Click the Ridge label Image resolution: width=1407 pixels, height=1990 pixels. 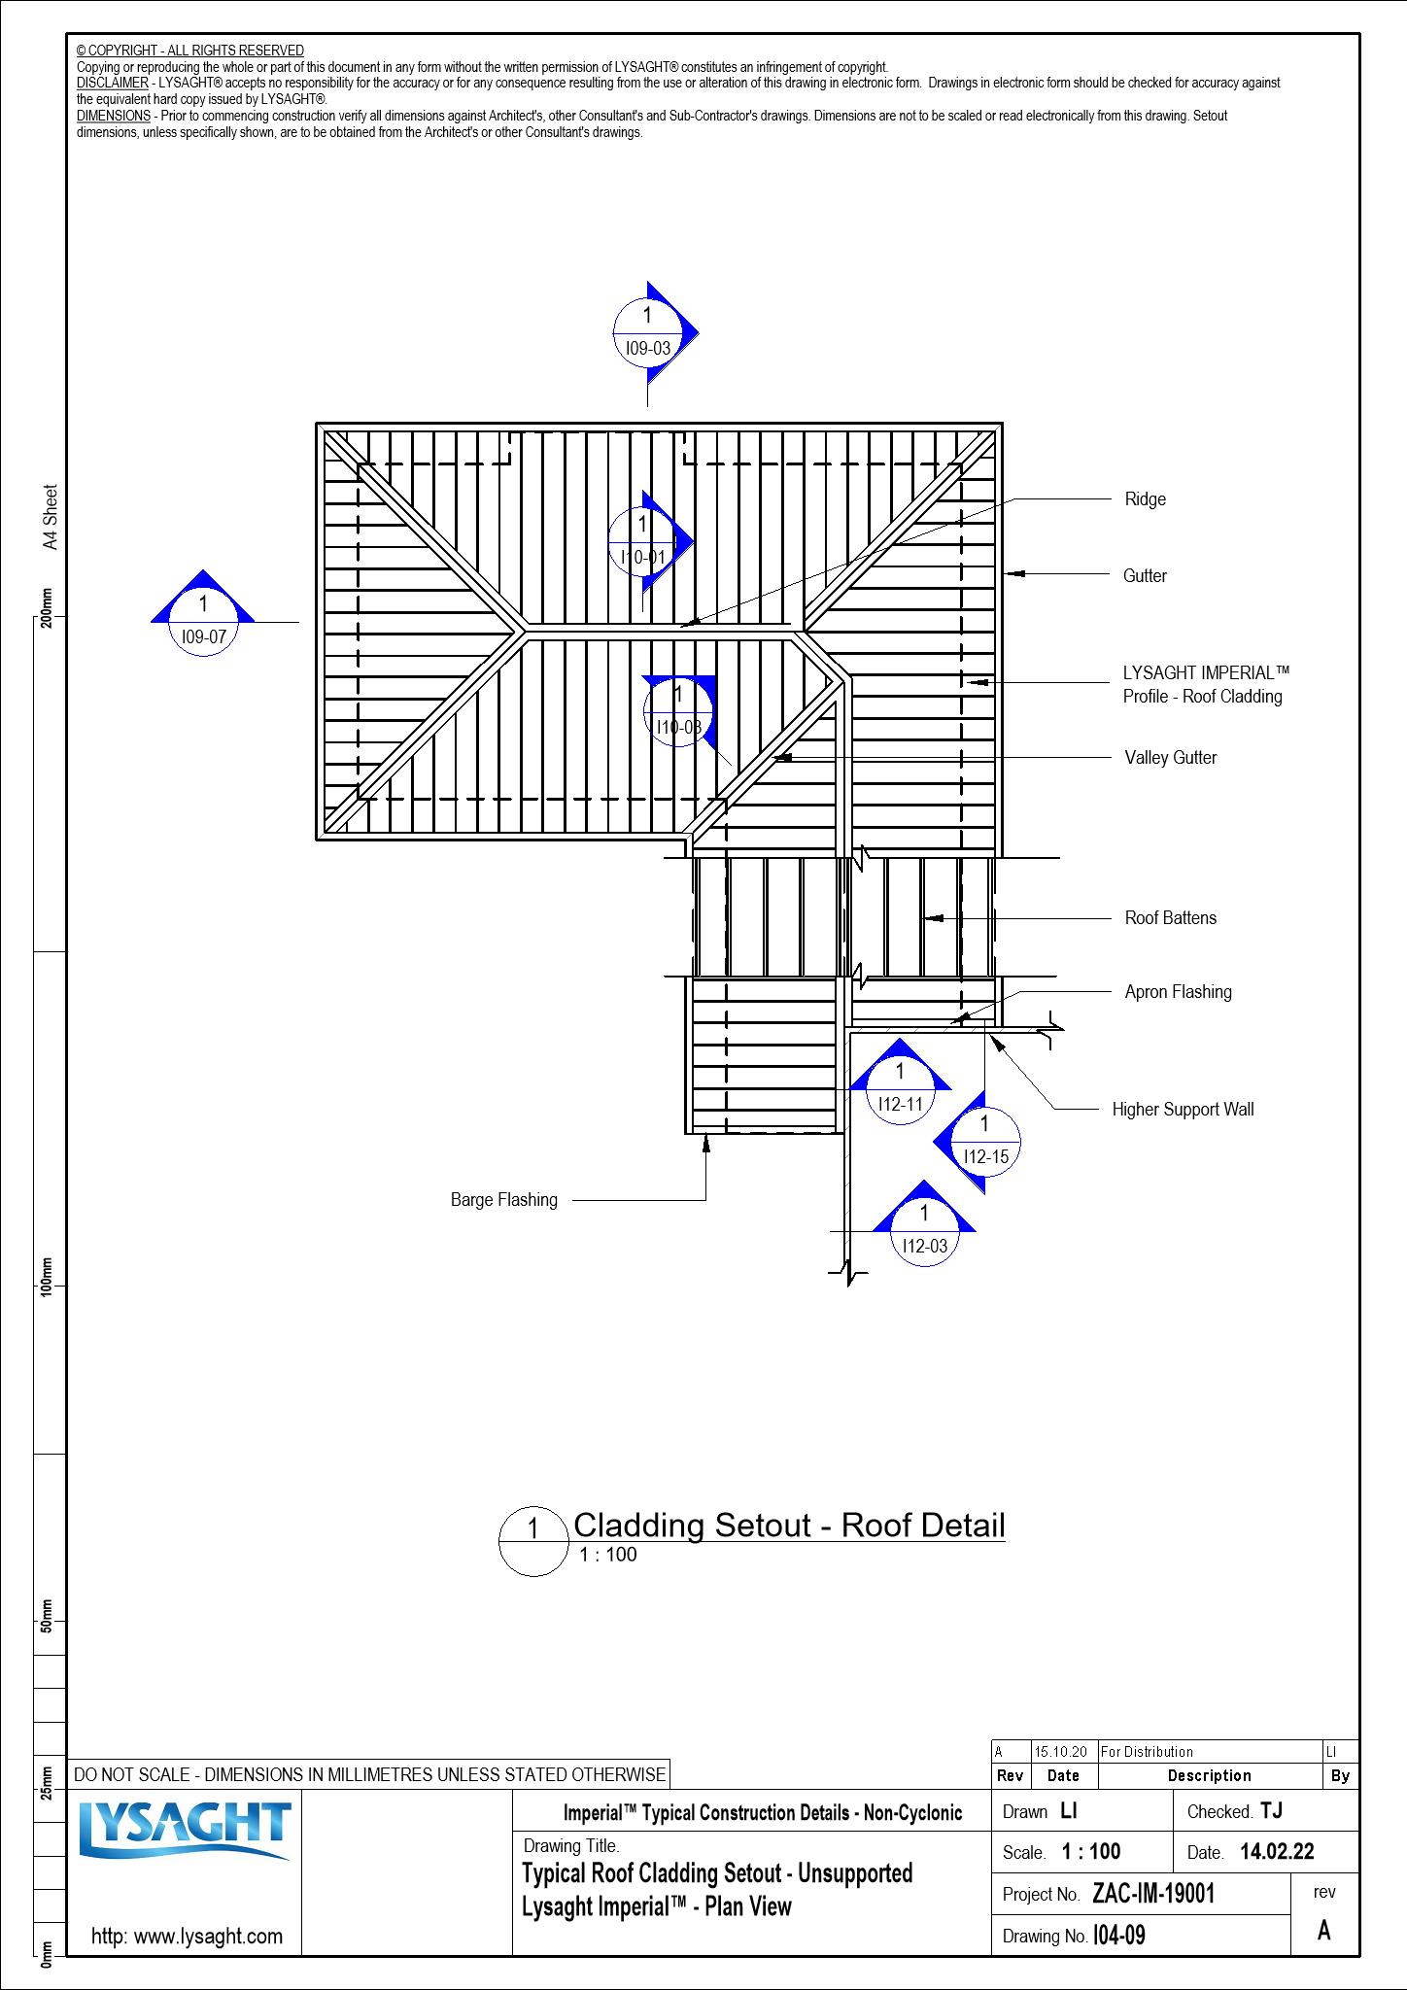click(x=1145, y=499)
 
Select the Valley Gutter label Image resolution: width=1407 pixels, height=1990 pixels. click(x=1170, y=758)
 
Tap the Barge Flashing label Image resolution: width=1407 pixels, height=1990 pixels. click(x=503, y=1200)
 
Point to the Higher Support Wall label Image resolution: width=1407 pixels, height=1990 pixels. click(x=1183, y=1110)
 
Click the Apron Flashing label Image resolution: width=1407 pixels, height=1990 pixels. click(x=1178, y=992)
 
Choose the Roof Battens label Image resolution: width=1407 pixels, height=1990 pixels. click(x=1170, y=918)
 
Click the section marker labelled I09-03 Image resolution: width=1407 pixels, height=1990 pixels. click(x=648, y=333)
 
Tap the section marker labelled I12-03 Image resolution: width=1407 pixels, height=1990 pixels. click(x=924, y=1231)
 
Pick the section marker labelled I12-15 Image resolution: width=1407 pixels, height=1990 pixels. click(x=984, y=1142)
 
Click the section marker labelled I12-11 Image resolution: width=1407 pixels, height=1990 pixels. click(x=900, y=1089)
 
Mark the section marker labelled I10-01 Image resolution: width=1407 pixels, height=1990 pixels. click(x=642, y=541)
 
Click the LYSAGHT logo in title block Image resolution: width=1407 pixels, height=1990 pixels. click(x=185, y=1831)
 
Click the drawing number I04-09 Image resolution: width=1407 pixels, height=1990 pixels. click(x=1119, y=1936)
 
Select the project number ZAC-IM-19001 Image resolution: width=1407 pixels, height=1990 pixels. click(x=1153, y=1894)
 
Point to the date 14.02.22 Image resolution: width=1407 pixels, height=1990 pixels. click(x=1277, y=1852)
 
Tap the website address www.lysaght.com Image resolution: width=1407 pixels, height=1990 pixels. click(x=187, y=1936)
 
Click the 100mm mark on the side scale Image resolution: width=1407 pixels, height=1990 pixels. click(x=46, y=1275)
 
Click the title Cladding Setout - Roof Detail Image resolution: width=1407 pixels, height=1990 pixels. click(x=788, y=1526)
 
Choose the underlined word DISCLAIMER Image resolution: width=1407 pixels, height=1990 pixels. click(x=113, y=84)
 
